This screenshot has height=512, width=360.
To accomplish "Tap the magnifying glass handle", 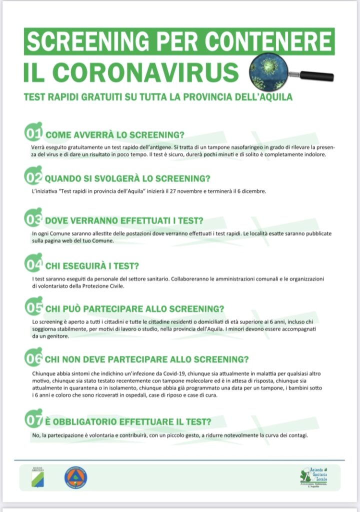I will click(316, 76).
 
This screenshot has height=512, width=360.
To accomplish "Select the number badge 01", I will click(33, 133).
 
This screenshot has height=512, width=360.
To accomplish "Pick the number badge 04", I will click(33, 264).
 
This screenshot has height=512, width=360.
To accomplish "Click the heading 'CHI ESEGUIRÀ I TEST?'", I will click(92, 265).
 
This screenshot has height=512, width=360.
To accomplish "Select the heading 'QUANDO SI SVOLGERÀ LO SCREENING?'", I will click(127, 178).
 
